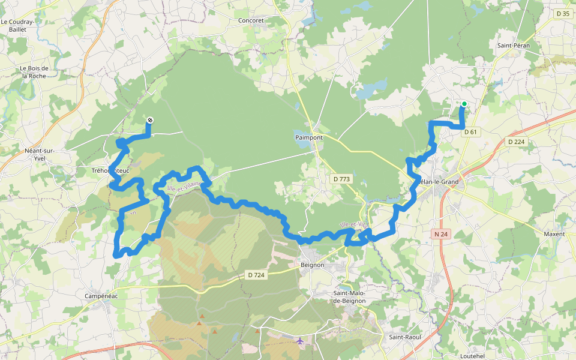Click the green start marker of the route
[x=464, y=104]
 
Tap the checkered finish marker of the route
[x=149, y=121]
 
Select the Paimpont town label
[x=309, y=137]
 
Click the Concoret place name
[x=251, y=20]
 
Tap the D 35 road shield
[x=562, y=14]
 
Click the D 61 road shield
[x=470, y=132]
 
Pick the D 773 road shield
[x=341, y=179]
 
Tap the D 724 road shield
[x=256, y=275]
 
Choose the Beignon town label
[x=312, y=265]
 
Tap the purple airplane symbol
[x=299, y=341]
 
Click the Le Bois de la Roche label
[x=35, y=72]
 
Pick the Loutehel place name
[x=472, y=355]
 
